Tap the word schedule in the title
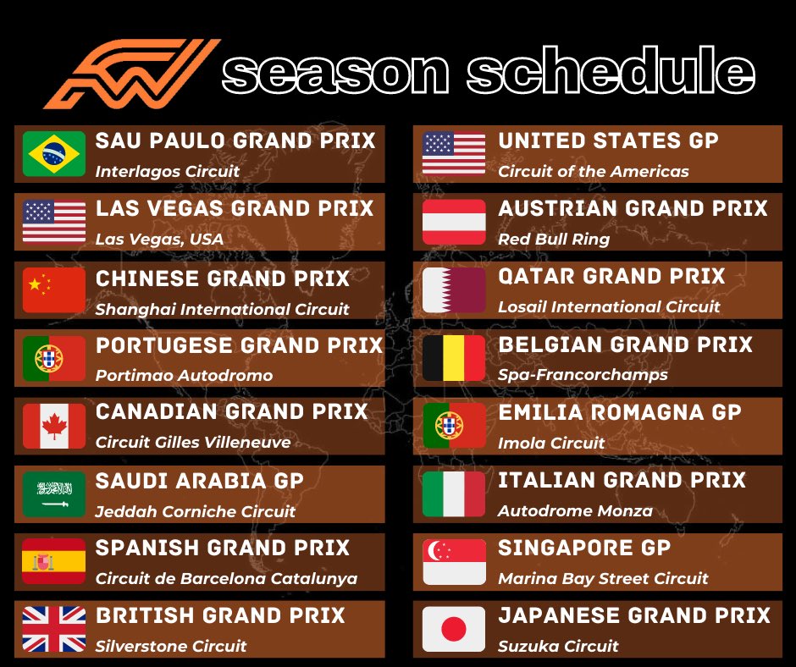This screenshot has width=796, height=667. [610, 74]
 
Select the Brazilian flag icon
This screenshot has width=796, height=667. [54, 154]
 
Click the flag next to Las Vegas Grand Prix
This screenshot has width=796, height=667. [54, 222]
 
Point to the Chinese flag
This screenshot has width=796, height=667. [54, 290]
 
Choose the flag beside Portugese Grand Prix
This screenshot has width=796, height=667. [54, 358]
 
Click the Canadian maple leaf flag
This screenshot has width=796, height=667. [54, 426]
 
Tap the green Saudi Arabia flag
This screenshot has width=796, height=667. [54, 493]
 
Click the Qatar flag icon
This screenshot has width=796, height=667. [454, 290]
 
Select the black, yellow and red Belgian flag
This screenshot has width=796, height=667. [454, 358]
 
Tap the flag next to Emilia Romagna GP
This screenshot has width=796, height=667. [454, 426]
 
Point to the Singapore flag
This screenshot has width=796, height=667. [454, 561]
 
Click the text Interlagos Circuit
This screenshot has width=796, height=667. [168, 171]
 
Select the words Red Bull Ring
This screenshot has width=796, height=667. [553, 239]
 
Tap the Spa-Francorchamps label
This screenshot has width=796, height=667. [583, 374]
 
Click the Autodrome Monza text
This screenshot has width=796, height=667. [575, 510]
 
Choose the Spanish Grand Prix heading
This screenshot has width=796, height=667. [223, 548]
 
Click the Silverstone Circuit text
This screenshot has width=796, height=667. [171, 646]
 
